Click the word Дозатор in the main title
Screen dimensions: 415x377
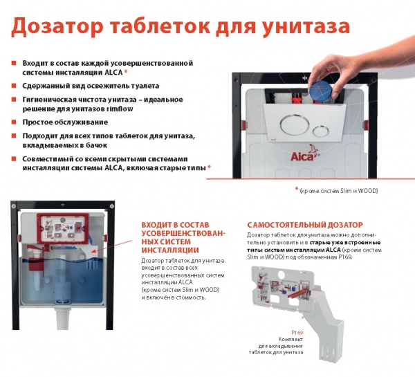[x=57, y=27]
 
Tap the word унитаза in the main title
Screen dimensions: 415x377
[x=306, y=27]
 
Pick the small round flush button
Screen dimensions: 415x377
[x=320, y=131]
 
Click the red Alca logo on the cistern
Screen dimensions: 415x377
[x=304, y=154]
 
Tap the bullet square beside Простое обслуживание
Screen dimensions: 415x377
[x=14, y=122]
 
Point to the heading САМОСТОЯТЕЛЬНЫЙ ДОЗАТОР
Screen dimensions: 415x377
[x=305, y=225]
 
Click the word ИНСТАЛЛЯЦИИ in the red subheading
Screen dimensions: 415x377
[x=170, y=250]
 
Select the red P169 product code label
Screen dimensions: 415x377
[x=297, y=333]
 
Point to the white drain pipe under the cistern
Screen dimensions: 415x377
[x=62, y=318]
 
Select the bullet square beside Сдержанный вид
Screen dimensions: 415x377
[x=14, y=86]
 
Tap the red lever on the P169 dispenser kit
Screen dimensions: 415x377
[x=299, y=293]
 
